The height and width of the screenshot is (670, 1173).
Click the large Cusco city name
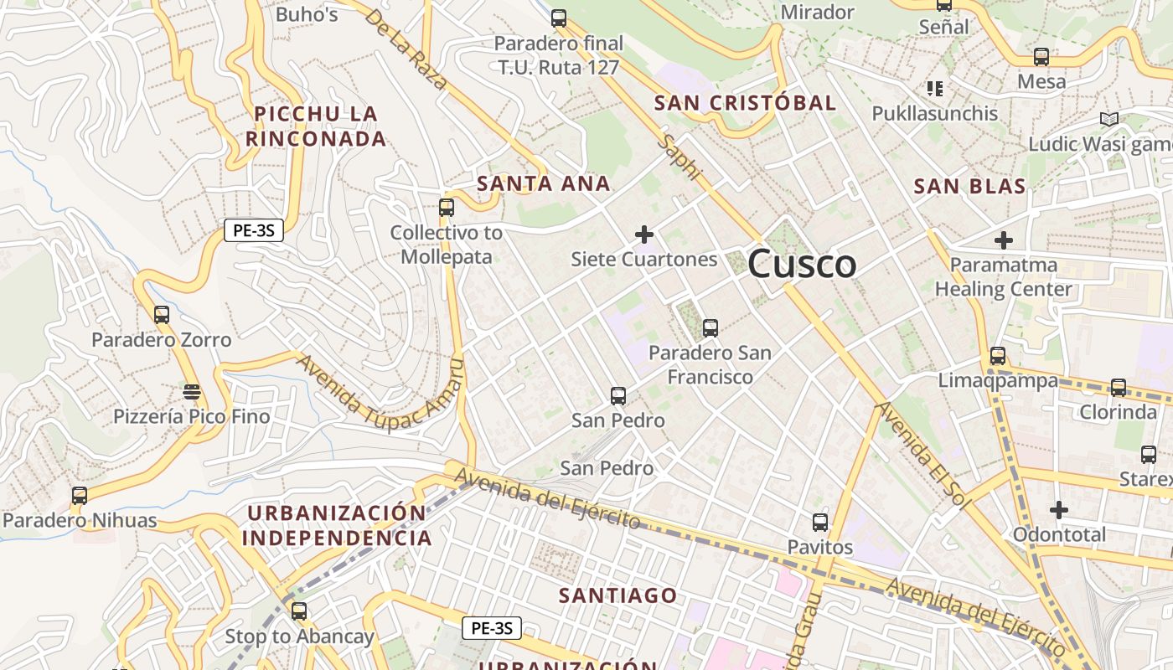pos(802,265)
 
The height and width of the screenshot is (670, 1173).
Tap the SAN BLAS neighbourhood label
pos(969,186)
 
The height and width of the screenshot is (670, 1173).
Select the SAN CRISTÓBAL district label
pos(745,103)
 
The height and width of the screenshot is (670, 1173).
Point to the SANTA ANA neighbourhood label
pos(543,183)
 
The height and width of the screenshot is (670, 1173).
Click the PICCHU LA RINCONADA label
pos(316,126)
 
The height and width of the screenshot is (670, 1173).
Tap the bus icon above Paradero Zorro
pos(162,315)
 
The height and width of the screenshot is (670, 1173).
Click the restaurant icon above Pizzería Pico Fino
pos(192,391)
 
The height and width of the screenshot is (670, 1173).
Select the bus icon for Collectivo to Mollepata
pos(447,207)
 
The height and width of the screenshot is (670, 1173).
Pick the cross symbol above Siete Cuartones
pos(643,234)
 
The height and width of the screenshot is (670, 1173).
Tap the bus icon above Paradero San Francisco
pos(711,327)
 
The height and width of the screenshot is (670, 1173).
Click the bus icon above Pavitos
pos(820,523)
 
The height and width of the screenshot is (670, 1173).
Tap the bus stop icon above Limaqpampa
pos(997,356)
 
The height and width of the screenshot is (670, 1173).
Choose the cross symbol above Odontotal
pos(1059,509)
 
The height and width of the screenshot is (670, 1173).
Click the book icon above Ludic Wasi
pos(1109,119)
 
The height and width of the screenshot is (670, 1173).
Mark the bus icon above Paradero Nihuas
pos(80,495)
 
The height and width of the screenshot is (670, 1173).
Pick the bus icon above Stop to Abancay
pos(299,611)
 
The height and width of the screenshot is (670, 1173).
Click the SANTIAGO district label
pos(618,595)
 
